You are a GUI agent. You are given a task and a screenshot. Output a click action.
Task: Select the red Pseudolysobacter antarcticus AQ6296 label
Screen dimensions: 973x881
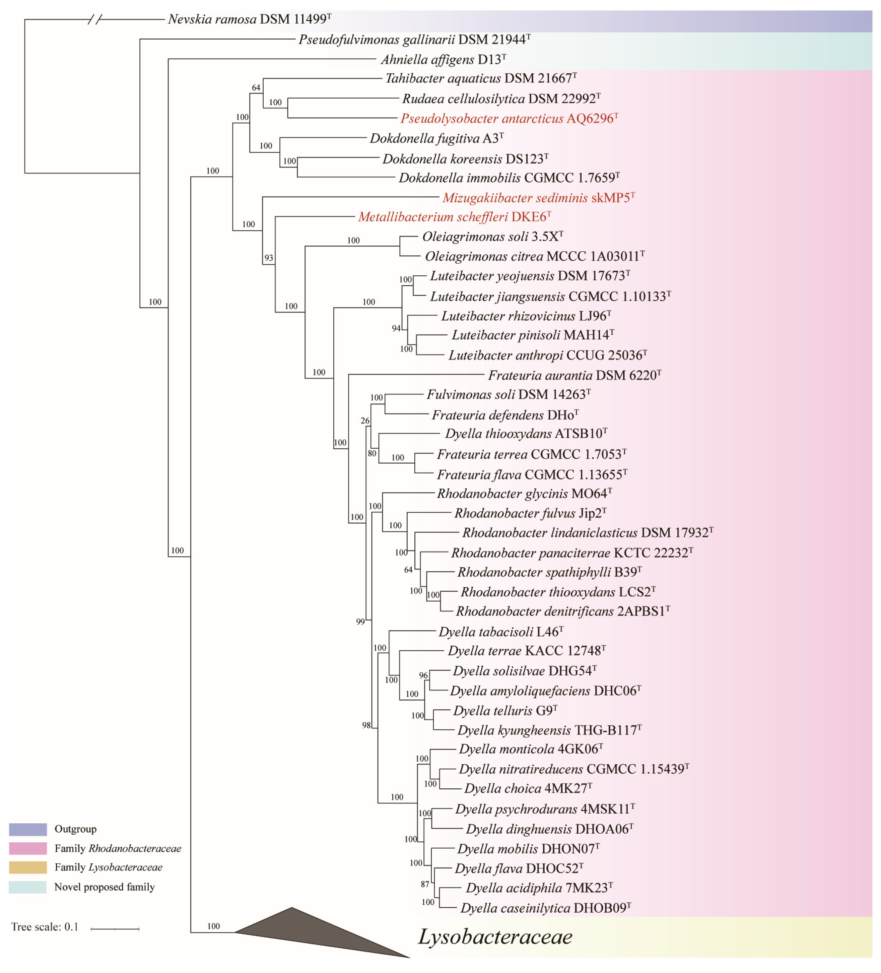tap(509, 119)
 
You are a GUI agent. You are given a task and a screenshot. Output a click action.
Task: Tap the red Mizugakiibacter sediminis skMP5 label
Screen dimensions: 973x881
tap(538, 198)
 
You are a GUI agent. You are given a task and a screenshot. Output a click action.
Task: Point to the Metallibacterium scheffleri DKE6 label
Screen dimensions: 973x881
tap(454, 217)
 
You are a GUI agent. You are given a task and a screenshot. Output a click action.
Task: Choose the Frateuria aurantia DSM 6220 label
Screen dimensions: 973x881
tap(574, 376)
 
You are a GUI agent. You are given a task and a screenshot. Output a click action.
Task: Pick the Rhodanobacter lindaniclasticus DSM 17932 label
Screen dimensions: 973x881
tap(587, 533)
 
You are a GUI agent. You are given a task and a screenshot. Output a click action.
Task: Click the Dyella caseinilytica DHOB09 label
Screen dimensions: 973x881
tap(545, 908)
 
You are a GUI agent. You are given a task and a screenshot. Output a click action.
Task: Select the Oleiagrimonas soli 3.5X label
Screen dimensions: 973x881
tap(492, 237)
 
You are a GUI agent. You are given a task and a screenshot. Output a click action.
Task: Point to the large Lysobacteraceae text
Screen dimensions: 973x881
tap(495, 937)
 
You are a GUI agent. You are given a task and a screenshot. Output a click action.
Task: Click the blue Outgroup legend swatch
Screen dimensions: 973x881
tap(28, 829)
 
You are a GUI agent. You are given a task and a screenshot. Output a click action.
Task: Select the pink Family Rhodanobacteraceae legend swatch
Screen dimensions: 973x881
tap(28, 848)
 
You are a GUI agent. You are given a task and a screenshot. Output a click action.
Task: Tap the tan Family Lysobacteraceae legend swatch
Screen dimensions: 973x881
tap(28, 867)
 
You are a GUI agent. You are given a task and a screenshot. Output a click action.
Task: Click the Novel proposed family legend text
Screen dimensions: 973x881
tap(104, 887)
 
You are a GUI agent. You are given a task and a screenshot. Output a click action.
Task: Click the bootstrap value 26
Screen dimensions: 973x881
tap(365, 421)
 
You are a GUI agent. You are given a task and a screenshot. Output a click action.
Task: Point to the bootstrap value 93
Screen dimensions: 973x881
tap(269, 258)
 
